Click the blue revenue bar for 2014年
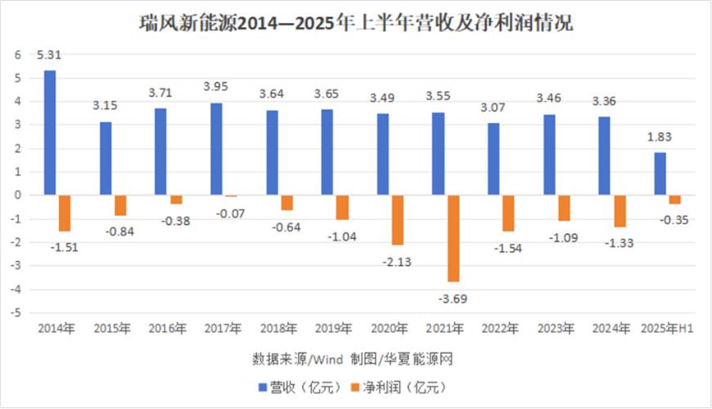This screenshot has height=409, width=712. click(50, 133)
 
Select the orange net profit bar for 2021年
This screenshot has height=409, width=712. click(453, 238)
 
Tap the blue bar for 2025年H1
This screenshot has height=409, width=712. click(660, 173)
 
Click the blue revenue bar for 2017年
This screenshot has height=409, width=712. click(217, 149)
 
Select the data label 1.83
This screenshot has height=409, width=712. click(660, 137)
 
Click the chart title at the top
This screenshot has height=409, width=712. click(355, 24)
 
